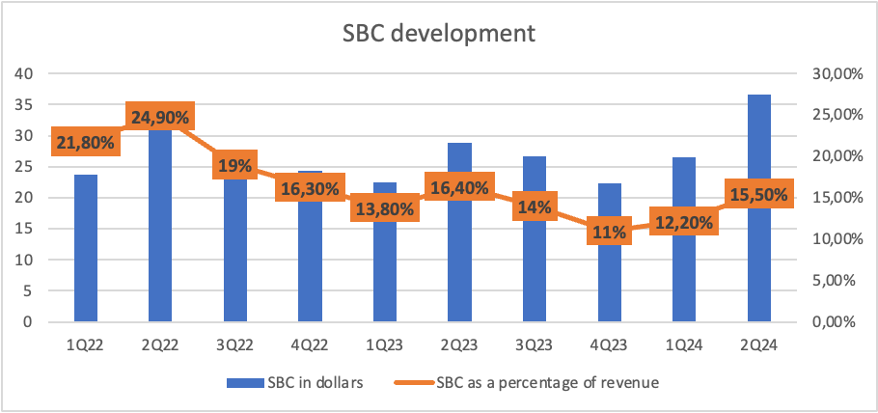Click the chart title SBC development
click(439, 34)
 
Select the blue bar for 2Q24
click(759, 207)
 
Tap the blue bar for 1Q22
click(86, 248)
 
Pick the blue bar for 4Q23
click(609, 252)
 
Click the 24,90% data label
click(160, 118)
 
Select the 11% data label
click(609, 231)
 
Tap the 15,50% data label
click(759, 194)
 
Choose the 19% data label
click(235, 165)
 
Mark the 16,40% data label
click(459, 186)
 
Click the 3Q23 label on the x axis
click(535, 345)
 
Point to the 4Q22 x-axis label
click(310, 345)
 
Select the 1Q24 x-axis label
click(684, 345)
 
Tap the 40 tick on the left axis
click(27, 73)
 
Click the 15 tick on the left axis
click(27, 229)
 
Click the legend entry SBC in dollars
click(297, 383)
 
